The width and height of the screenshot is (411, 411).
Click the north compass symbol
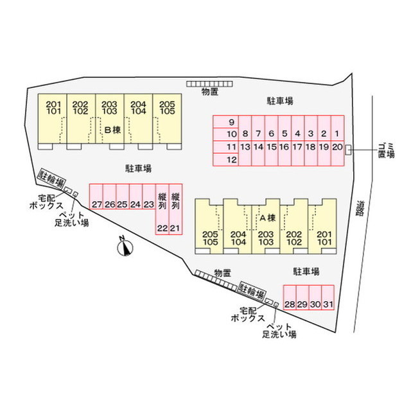point(125,247)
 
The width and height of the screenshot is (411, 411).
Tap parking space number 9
point(225,122)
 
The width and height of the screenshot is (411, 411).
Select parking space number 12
point(225,160)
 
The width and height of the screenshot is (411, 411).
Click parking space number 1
point(337,128)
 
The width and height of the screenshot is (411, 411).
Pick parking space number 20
point(337,153)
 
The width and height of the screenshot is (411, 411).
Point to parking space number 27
point(96,197)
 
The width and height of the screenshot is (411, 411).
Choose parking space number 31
point(328,297)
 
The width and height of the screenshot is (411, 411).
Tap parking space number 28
point(290,297)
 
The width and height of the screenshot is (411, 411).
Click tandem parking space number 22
point(162,209)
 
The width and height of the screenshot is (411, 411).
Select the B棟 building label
point(112,130)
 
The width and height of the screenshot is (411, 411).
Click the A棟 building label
point(267,218)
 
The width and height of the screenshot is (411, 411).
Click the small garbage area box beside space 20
point(348,150)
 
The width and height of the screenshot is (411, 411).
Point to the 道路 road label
point(361,208)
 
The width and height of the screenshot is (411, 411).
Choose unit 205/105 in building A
point(209,227)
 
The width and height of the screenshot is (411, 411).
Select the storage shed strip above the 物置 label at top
point(209,84)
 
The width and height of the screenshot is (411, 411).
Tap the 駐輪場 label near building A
point(252,291)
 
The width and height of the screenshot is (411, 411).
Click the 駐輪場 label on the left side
point(51,179)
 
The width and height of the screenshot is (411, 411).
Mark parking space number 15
point(271,153)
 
